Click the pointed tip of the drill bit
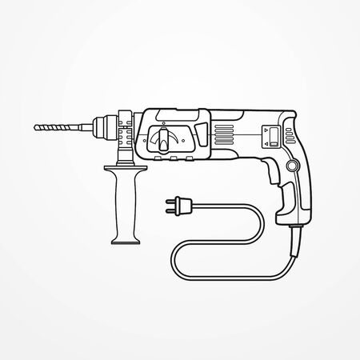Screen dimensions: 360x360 34,126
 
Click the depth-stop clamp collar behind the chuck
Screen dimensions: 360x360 125,128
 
